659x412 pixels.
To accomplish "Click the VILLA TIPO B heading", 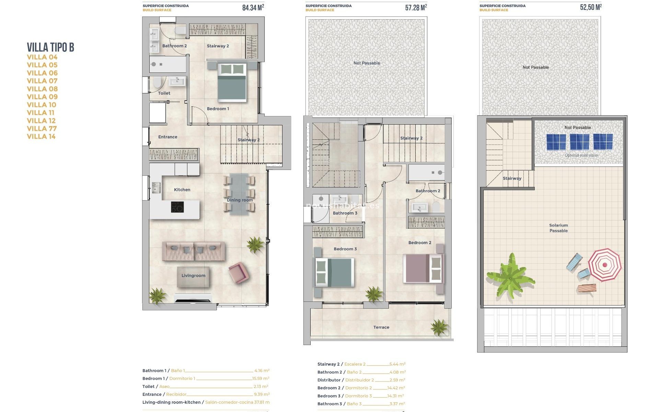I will click(50, 47).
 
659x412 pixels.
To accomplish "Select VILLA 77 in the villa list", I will click(42, 128).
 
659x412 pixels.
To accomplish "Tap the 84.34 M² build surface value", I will click(253, 8).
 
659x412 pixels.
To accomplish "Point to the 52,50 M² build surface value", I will click(591, 7).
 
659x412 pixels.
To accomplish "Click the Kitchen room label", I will click(182, 190).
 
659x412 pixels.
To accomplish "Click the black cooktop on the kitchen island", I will click(177, 207).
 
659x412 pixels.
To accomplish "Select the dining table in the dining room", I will click(239, 194).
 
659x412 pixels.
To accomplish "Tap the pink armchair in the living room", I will click(238, 273).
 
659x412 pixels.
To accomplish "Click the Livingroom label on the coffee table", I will click(193, 275).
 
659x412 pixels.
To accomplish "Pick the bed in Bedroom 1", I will click(232, 83).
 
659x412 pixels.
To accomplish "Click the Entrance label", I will click(167, 137).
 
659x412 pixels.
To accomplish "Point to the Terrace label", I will click(381, 327).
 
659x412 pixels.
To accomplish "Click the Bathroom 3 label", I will click(345, 213).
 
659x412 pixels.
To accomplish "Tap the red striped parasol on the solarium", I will click(604, 265).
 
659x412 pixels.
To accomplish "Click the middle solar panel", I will click(579, 142).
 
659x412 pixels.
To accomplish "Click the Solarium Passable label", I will click(558, 228).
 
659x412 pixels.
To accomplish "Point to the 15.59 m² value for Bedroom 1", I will click(261, 378).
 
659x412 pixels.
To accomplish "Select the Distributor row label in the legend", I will click(329, 380).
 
